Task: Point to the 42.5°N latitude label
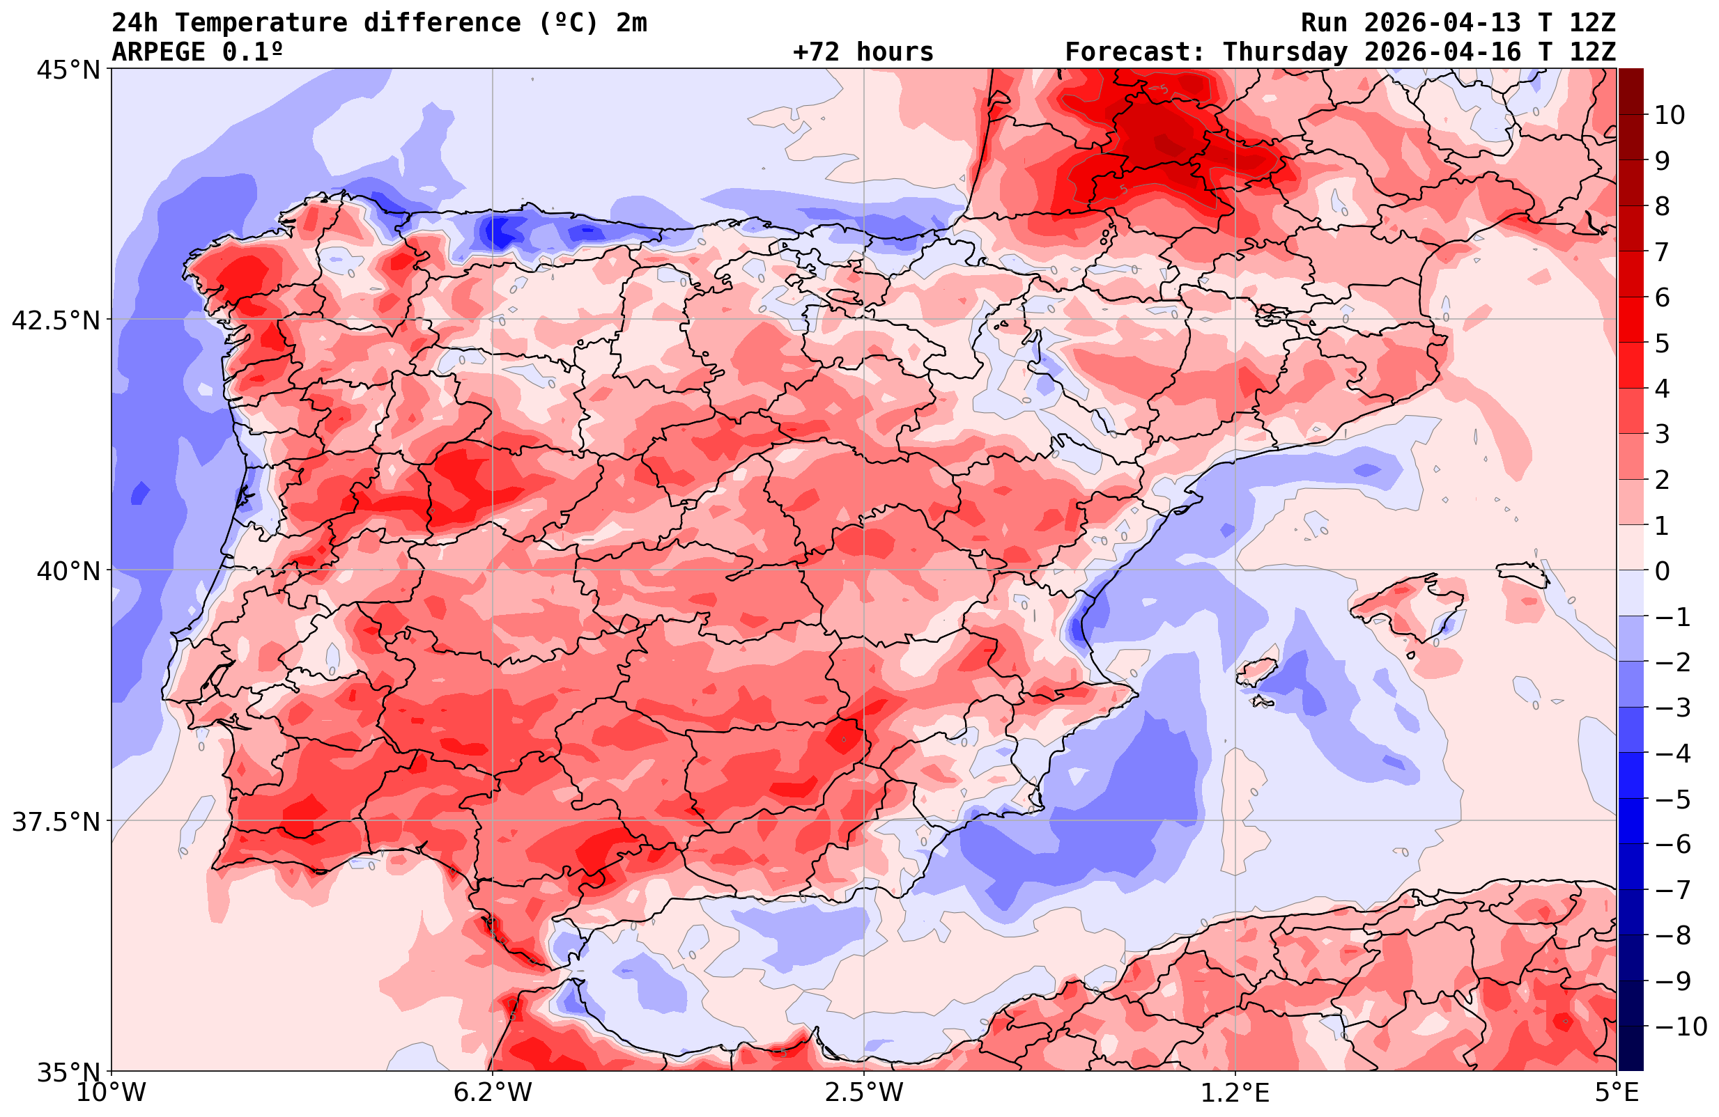pyautogui.click(x=56, y=320)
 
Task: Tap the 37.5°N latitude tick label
pyautogui.click(x=56, y=822)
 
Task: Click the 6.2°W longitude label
pyautogui.click(x=493, y=1093)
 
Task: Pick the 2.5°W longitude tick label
pyautogui.click(x=864, y=1093)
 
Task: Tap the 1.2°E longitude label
pyautogui.click(x=1235, y=1093)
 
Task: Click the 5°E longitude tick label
pyautogui.click(x=1617, y=1093)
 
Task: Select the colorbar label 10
pyautogui.click(x=1669, y=115)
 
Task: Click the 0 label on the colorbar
pyautogui.click(x=1662, y=571)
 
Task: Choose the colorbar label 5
pyautogui.click(x=1662, y=344)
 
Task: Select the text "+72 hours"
pyautogui.click(x=863, y=52)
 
